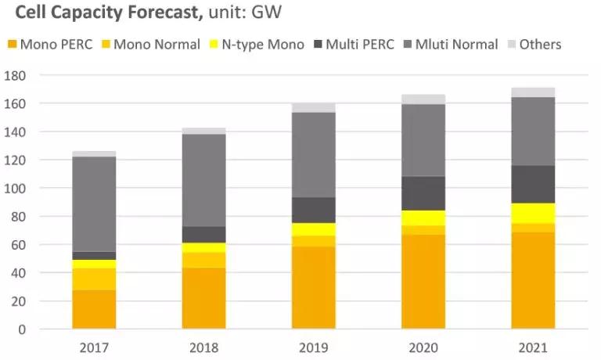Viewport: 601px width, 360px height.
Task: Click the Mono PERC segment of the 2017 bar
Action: click(94, 309)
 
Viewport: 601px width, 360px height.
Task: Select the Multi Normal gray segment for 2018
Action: click(203, 180)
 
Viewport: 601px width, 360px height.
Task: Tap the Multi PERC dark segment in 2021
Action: click(533, 184)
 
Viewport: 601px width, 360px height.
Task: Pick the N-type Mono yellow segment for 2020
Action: click(423, 218)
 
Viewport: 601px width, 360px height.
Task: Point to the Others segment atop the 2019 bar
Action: click(314, 107)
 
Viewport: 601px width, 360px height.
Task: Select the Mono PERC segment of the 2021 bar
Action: click(533, 279)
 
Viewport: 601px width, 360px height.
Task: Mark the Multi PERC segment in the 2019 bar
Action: click(314, 210)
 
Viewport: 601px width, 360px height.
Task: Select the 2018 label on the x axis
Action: click(203, 347)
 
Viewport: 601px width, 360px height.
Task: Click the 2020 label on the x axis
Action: click(423, 347)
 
